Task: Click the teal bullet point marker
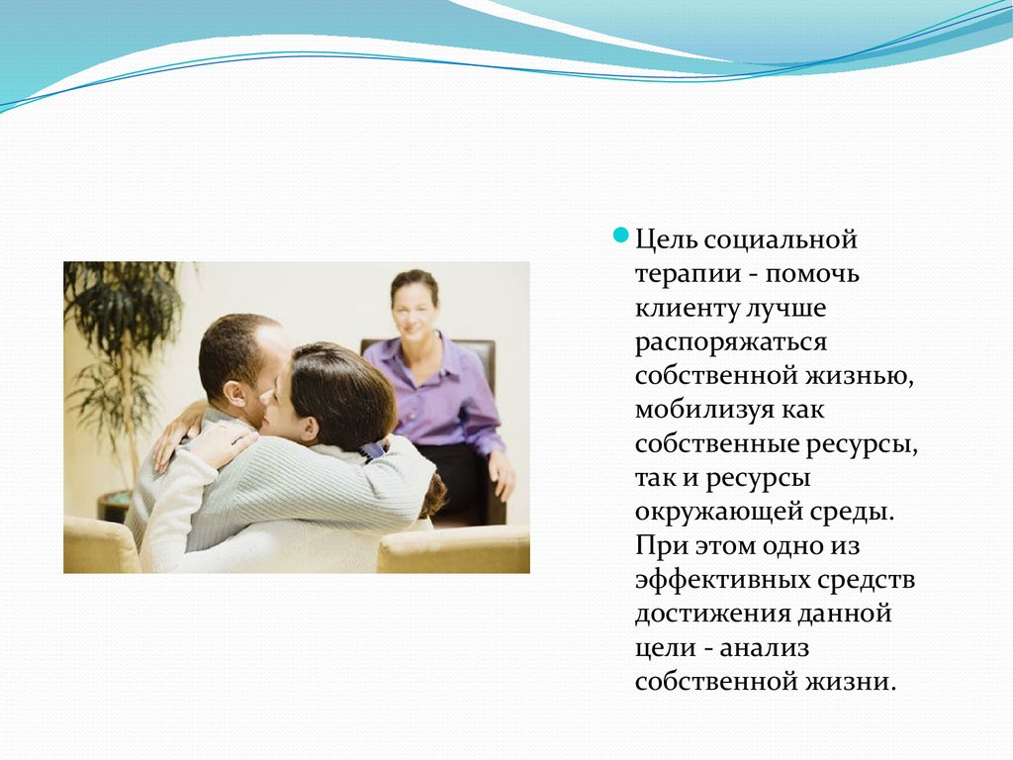point(620,236)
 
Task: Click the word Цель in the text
point(666,239)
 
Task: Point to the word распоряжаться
point(731,342)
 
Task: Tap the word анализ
point(765,648)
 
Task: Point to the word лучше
point(785,309)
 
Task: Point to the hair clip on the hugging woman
point(373,450)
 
